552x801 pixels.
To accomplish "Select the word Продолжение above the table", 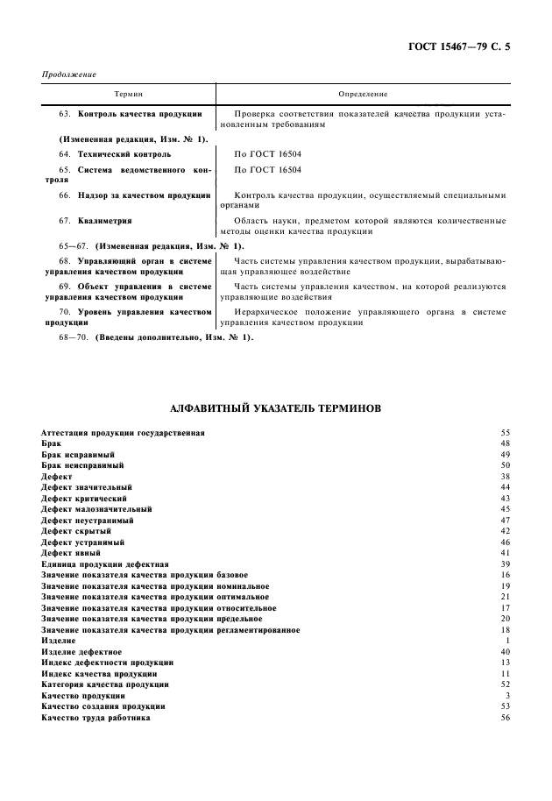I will tap(69, 74).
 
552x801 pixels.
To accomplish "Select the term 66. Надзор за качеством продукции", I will tap(135, 195).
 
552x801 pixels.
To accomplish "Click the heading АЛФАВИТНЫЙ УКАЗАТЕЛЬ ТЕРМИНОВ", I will tap(275, 408).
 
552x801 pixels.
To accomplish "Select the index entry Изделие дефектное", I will tap(81, 652).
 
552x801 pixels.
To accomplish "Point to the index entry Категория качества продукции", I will tap(105, 684).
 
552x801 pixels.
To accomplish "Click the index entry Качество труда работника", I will tap(96, 718).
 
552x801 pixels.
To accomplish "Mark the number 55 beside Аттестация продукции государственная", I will tap(505, 433).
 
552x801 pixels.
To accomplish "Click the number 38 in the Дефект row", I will tap(505, 476).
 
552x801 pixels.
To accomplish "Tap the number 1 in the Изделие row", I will tap(507, 641).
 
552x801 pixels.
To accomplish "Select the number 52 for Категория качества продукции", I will tap(505, 684).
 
